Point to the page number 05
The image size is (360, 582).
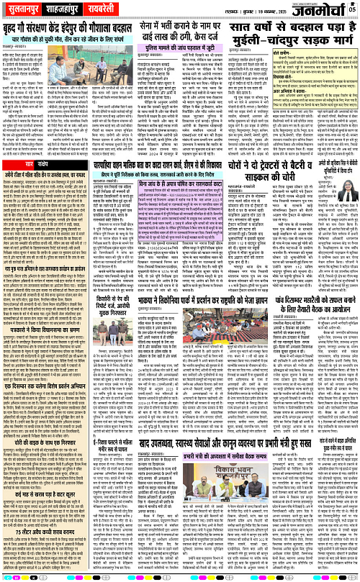(352, 9)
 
